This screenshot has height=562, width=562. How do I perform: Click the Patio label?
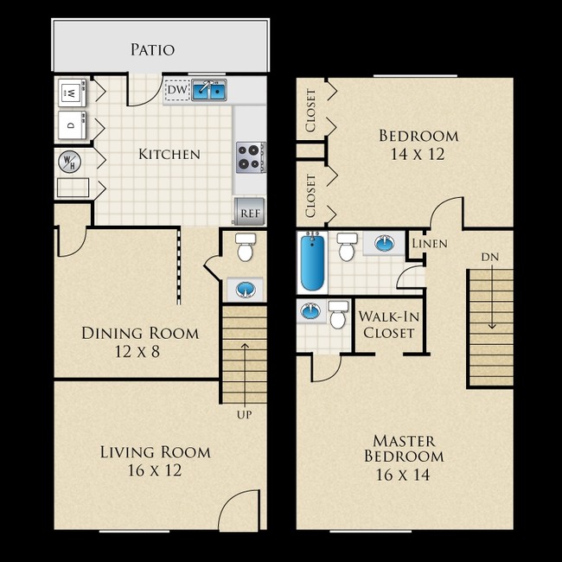[x=152, y=49]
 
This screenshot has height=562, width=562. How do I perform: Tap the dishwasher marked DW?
[x=176, y=89]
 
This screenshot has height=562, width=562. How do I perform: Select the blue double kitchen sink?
[x=208, y=89]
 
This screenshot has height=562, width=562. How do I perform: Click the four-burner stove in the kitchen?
[x=250, y=156]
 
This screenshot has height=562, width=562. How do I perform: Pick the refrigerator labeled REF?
[x=250, y=212]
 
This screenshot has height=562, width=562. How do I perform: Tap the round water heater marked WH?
[x=68, y=161]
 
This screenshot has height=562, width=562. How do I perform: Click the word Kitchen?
[x=169, y=155]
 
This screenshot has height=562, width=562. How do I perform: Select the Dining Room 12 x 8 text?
[x=139, y=342]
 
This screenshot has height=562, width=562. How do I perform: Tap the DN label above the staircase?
[x=489, y=258]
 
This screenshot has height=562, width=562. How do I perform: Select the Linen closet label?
[x=429, y=244]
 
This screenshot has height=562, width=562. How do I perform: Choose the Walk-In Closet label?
[x=388, y=324]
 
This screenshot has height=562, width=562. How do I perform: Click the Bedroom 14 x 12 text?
[x=418, y=144]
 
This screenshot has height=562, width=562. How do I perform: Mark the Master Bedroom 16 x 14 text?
[x=404, y=457]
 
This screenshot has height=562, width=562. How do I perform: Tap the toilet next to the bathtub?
[x=348, y=248]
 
